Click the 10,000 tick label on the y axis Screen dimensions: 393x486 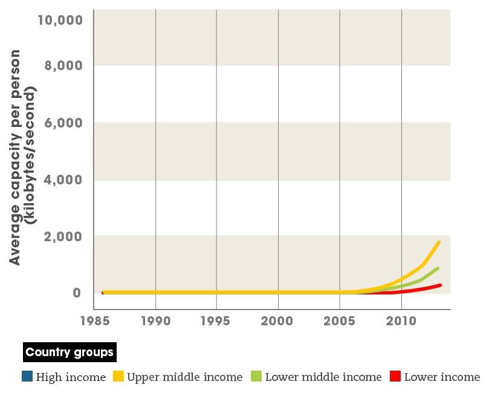[59, 20]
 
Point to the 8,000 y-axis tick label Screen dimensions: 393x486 [64, 65]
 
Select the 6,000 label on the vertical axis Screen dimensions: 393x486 [64, 122]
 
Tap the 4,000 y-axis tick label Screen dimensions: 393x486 [64, 180]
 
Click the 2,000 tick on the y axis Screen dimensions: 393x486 [64, 236]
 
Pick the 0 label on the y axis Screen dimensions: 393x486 [77, 293]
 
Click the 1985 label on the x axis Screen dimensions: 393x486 [94, 320]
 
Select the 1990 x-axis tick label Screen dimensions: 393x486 [156, 320]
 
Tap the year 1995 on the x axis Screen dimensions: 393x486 [216, 320]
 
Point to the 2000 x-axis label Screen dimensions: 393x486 [278, 320]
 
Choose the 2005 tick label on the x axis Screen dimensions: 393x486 [340, 320]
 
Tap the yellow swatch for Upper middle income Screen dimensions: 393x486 [118, 377]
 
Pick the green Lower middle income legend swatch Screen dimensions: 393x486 [256, 377]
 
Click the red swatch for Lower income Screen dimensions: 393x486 [395, 377]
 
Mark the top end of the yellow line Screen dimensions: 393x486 [439, 242]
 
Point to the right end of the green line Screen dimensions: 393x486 [438, 268]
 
